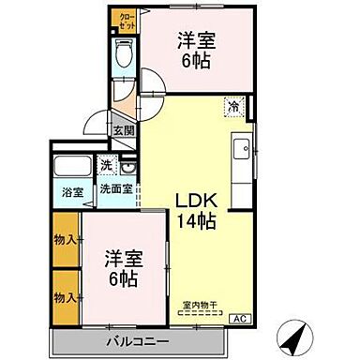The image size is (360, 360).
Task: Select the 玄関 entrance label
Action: (124, 131)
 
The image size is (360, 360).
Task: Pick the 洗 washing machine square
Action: (108, 166)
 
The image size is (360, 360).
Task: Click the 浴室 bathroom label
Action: (71, 191)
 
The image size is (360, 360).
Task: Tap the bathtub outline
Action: (71, 170)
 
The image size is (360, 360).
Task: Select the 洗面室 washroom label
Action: (116, 189)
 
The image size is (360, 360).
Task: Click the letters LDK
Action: (196, 200)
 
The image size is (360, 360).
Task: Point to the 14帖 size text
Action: (196, 222)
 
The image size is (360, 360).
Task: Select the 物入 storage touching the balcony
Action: (65, 297)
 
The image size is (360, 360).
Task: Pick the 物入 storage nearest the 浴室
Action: (65, 240)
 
